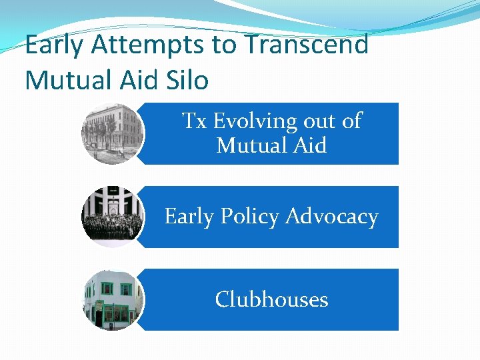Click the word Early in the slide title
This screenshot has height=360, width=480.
(55, 45)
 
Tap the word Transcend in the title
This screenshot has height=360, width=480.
(307, 45)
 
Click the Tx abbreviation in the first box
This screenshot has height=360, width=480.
(195, 121)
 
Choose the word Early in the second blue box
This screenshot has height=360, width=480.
(189, 217)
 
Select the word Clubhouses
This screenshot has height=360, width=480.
(271, 299)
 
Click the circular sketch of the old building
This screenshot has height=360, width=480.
(112, 133)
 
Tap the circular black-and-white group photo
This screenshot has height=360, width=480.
(112, 217)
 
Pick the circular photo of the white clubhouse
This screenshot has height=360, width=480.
(112, 299)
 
